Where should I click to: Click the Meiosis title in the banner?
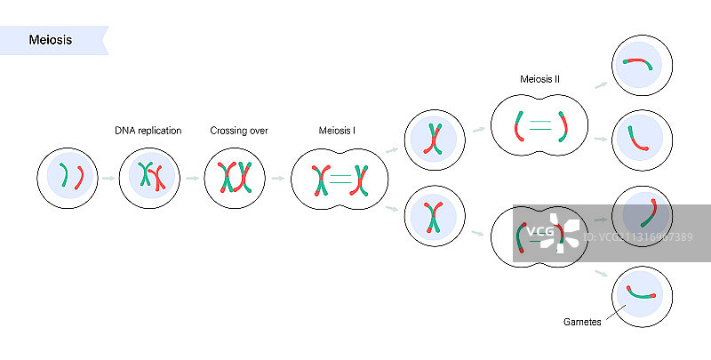click(x=51, y=40)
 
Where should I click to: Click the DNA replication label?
click(x=148, y=132)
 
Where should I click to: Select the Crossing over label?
click(x=239, y=132)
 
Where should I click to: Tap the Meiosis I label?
click(x=337, y=132)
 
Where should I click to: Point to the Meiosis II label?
click(x=539, y=79)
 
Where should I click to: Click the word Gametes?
click(x=583, y=322)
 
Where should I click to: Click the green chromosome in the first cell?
click(x=62, y=177)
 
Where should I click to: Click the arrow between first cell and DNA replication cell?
click(x=108, y=179)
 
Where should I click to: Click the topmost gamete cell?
click(x=641, y=63)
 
